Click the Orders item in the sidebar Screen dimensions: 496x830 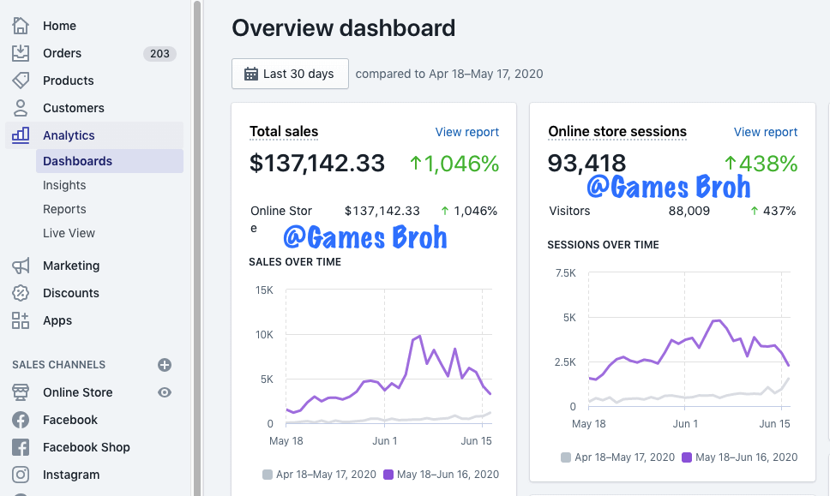point(62,53)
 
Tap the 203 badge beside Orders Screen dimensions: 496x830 point(159,53)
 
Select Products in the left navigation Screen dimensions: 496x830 point(68,81)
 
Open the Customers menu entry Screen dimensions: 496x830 point(73,108)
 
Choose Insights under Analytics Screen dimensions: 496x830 point(64,185)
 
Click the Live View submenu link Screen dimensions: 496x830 point(69,233)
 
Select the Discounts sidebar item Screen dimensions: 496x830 point(70,293)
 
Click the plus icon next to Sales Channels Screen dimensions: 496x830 point(165,365)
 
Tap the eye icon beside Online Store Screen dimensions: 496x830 point(165,392)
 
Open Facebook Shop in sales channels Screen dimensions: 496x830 point(86,447)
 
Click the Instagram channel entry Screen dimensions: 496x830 point(70,475)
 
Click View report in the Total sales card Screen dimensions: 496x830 point(466,132)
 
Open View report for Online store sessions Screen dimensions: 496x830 point(765,132)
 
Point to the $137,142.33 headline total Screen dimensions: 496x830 point(316,163)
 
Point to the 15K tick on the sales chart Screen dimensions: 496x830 point(263,290)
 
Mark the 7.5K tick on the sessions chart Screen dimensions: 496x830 point(565,272)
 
